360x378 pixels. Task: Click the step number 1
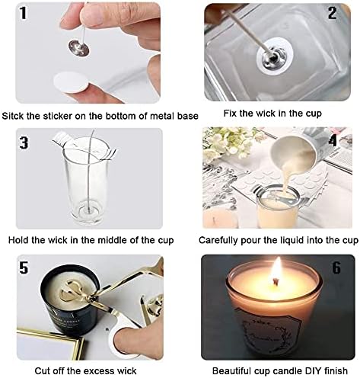[23, 14]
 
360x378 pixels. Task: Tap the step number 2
[333, 13]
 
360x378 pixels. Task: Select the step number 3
[24, 143]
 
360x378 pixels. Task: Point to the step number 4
[333, 140]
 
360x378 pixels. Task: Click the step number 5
[24, 267]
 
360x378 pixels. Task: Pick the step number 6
[336, 267]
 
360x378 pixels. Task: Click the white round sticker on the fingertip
[71, 82]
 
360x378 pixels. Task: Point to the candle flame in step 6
[276, 271]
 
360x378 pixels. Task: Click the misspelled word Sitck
[12, 116]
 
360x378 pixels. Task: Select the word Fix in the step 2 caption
[230, 114]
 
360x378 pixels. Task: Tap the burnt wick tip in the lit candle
[276, 281]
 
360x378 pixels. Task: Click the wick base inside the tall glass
[88, 210]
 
